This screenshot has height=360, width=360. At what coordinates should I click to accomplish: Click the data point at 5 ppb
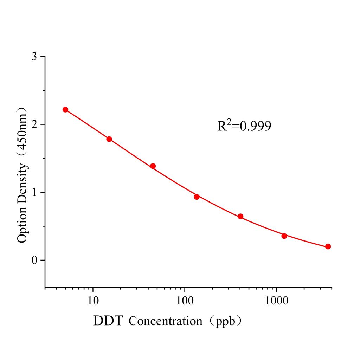point(65,110)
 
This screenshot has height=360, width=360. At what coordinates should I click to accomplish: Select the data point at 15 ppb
point(109,139)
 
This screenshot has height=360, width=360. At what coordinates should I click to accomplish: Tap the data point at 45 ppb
point(153,166)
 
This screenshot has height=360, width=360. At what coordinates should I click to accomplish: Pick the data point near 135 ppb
point(197,197)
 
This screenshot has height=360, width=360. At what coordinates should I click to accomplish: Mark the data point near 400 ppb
point(240,216)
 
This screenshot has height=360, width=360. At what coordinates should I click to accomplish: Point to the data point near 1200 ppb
point(284,236)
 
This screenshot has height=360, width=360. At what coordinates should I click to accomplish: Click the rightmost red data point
point(328,246)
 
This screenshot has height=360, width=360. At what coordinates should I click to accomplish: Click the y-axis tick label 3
point(34,57)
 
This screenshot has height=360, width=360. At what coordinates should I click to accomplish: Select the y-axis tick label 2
point(34,125)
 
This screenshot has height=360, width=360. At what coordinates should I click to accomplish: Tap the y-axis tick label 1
point(34,193)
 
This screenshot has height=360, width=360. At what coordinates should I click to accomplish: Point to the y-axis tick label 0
point(34,261)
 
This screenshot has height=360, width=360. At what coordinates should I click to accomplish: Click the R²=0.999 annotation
point(244,126)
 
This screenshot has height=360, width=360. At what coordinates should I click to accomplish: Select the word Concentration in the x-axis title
point(165,321)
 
